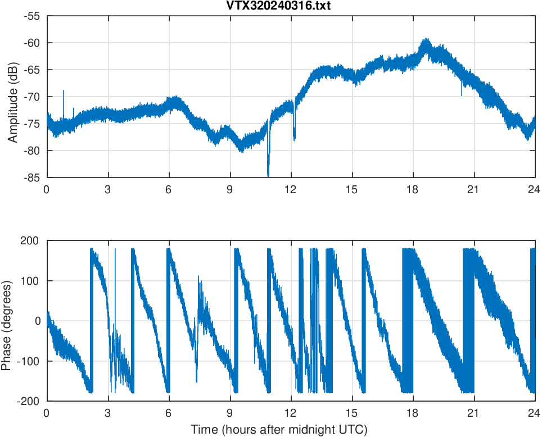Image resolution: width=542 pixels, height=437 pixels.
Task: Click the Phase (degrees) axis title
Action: click(7, 321)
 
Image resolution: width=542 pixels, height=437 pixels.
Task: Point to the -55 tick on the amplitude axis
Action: click(31, 16)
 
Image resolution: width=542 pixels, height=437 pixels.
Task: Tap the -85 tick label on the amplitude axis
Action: click(31, 177)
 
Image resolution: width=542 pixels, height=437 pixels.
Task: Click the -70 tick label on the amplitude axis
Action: click(31, 97)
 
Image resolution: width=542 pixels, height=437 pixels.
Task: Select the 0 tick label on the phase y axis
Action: click(38, 321)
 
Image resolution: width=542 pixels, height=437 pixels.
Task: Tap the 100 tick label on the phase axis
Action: click(31, 281)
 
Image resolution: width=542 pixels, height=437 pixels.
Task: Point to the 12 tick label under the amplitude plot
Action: click(291, 189)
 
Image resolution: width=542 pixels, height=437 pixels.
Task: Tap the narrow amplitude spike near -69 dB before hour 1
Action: click(64, 92)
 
